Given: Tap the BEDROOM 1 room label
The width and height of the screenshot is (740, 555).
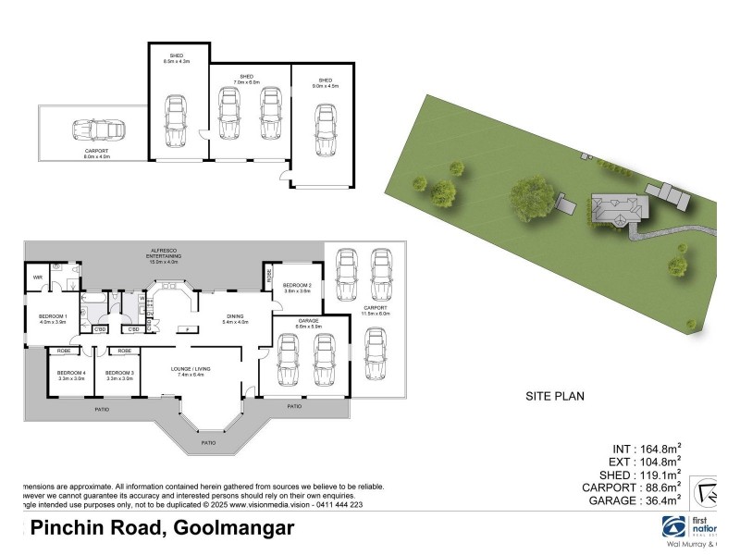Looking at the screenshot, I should coord(51,316).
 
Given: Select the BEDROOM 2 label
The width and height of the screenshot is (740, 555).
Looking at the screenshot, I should coord(296,285).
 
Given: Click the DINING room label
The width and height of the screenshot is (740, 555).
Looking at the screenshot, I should coord(235,316).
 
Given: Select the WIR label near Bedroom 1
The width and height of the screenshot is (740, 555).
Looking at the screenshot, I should coord(39,277).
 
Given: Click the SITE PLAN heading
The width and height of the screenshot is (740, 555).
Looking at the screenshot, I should coord(556,395).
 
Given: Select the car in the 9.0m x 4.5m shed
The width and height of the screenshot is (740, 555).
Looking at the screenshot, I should coord(324,129).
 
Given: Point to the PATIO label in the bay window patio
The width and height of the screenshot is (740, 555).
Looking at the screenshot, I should coord(210,442).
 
